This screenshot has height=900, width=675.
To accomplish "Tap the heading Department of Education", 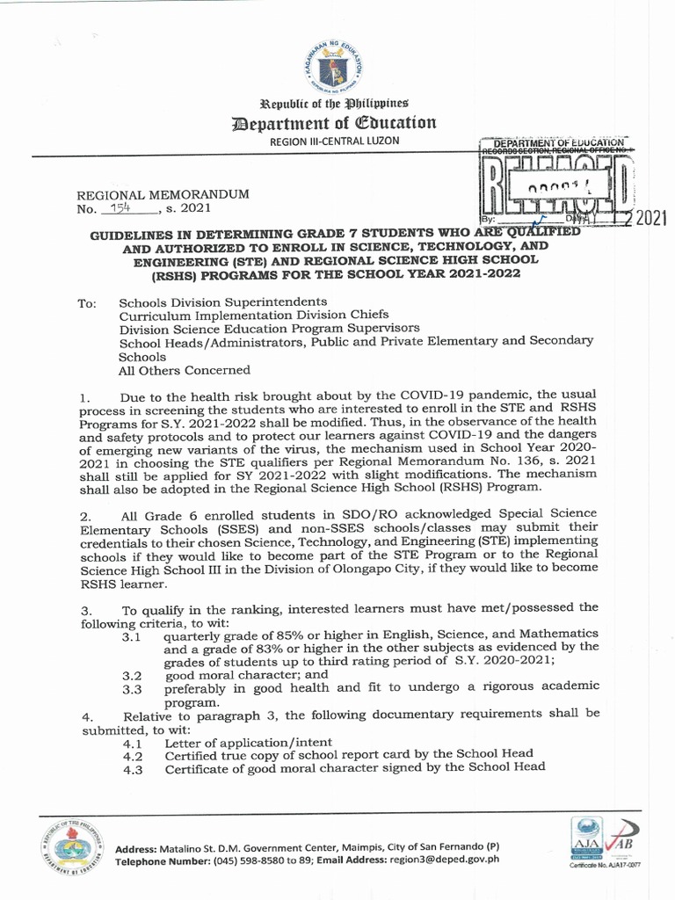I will pos(337,122).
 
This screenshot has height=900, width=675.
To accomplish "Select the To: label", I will pos(86,303).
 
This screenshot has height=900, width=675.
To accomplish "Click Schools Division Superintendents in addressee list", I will pos(210,301).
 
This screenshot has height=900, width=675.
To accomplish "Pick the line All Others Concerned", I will pos(185,370).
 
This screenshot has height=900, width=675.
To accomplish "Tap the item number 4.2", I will pos(133,755).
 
